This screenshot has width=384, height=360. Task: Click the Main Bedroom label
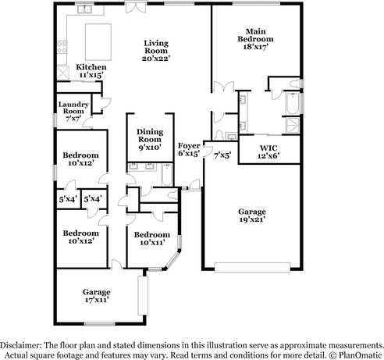click(x=255, y=39)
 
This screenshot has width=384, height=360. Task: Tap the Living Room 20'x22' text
click(x=156, y=51)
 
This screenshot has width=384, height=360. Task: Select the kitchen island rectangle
click(x=98, y=42)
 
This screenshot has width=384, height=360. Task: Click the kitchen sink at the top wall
click(x=84, y=9)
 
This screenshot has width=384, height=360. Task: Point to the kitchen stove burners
click(x=62, y=48)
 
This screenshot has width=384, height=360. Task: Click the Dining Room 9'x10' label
click(x=150, y=140)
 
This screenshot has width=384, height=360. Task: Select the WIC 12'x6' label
click(x=268, y=152)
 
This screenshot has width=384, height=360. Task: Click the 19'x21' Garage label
click(x=252, y=216)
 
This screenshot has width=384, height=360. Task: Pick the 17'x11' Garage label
click(x=97, y=296)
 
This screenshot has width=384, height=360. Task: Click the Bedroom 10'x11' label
click(x=152, y=238)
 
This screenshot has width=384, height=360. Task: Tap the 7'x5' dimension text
click(x=222, y=156)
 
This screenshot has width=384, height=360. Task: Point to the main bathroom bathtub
click(x=292, y=103)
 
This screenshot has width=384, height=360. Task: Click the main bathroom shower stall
click(x=293, y=125)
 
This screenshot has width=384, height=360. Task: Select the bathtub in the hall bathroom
click(x=167, y=175)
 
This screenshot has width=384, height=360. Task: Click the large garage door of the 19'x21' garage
click(x=252, y=267)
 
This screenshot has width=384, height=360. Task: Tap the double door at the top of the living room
click(x=134, y=7)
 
